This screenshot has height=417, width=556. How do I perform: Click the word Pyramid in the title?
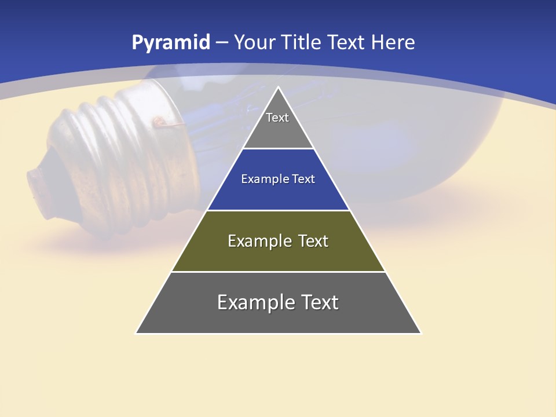click(171, 43)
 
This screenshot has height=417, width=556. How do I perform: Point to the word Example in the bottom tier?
click(255, 302)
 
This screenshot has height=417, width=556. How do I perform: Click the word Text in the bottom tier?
click(319, 302)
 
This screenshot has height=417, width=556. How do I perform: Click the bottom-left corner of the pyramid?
click(136, 333)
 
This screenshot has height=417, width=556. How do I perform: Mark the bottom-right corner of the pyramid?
click(420, 333)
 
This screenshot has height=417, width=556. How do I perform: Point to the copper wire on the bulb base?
click(159, 122)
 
